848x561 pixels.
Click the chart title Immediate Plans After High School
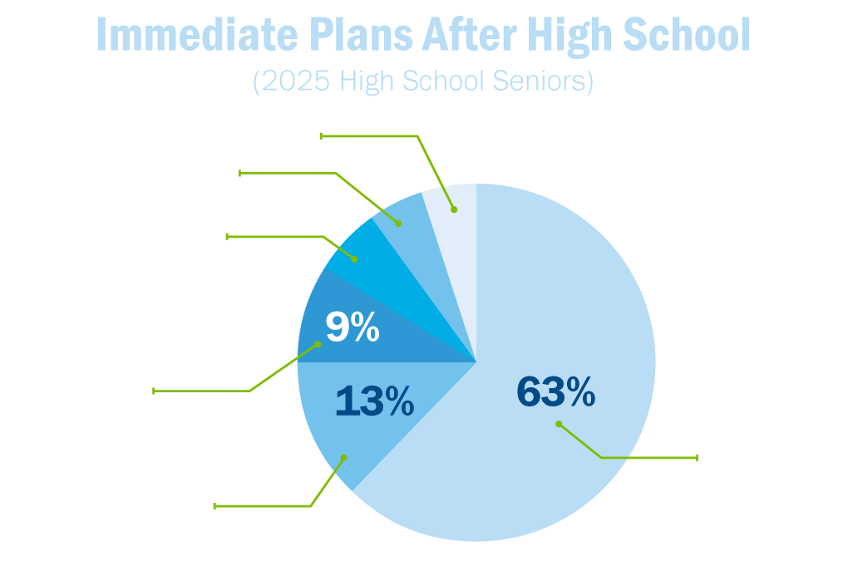click(x=423, y=34)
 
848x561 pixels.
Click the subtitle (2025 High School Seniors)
click(x=423, y=81)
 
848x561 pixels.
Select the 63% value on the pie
click(x=555, y=392)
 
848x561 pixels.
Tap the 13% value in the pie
click(x=374, y=402)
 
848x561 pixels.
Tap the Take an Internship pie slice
click(x=366, y=266)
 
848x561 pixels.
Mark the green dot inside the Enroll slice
click(x=559, y=424)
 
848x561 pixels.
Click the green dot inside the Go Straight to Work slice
click(x=343, y=455)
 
